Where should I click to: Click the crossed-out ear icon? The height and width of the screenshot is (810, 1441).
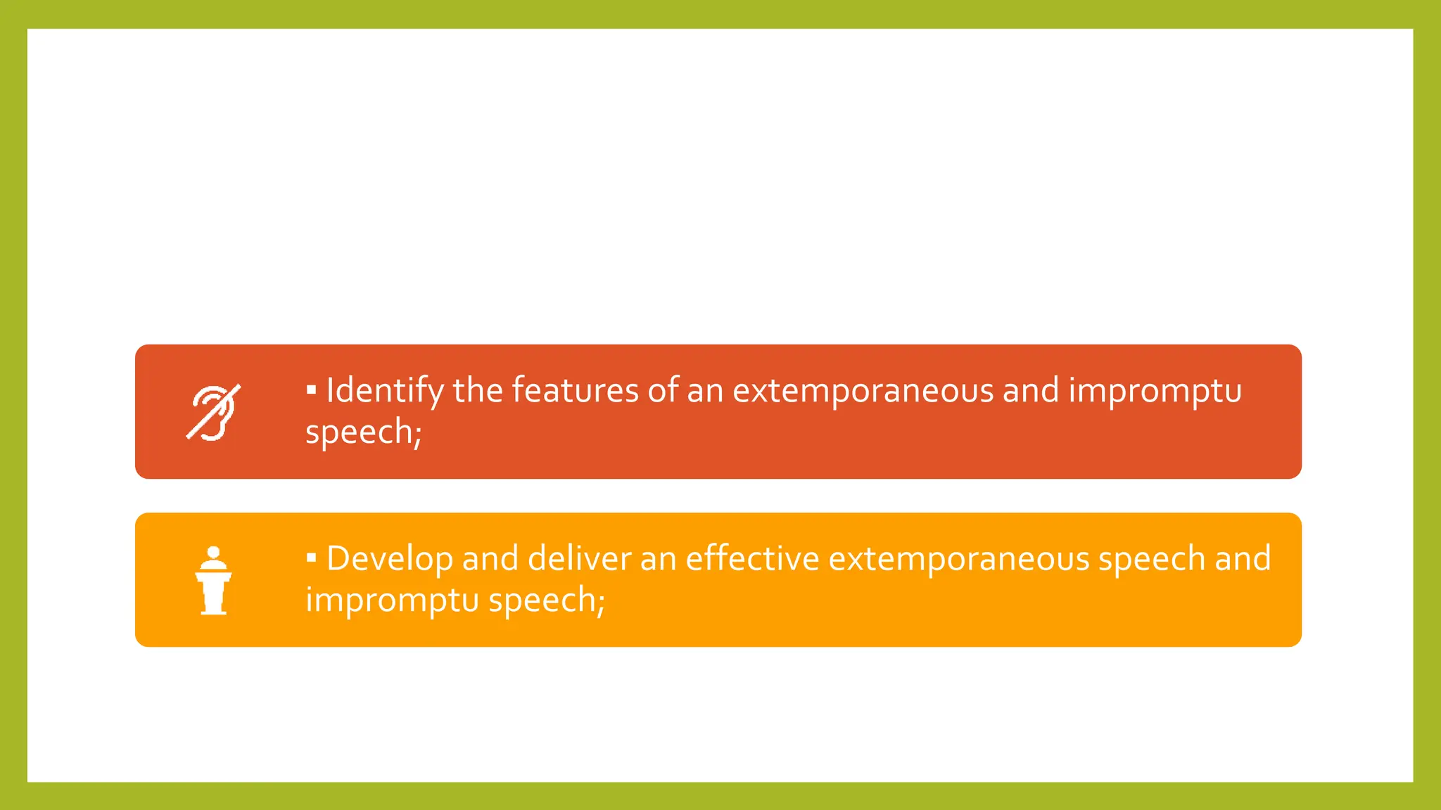(213, 412)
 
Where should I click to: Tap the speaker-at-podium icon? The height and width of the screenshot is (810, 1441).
(213, 581)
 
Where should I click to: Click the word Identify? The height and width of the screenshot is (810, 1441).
(384, 391)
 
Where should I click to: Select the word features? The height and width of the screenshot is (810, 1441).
(575, 390)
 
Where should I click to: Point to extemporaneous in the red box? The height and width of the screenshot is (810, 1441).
(863, 391)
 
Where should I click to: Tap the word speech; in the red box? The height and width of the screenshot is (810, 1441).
(363, 432)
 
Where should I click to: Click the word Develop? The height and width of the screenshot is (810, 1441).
(390, 560)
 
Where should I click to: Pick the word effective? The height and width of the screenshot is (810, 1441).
(752, 559)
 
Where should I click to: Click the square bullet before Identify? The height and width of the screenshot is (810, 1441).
(311, 389)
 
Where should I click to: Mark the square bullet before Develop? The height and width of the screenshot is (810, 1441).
(311, 558)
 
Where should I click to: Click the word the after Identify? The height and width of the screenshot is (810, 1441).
(478, 390)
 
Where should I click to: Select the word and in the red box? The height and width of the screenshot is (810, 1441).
(1031, 391)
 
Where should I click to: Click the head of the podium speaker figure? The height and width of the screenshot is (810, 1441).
(214, 553)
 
